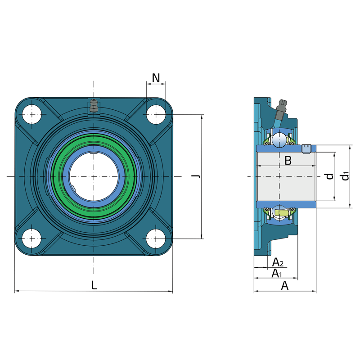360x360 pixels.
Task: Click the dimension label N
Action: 156,78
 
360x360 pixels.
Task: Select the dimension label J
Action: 196,176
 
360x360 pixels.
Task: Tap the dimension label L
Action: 94,285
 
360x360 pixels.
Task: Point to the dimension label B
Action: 288,161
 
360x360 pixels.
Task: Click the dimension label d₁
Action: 345,176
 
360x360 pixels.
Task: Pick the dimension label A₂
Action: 278,262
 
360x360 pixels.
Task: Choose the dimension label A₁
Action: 277,274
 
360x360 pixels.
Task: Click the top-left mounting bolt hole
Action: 32,114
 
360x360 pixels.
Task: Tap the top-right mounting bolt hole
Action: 156,114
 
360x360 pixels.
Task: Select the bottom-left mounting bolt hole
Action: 32,238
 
